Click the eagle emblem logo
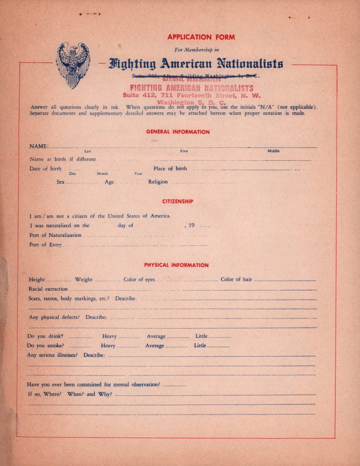73,65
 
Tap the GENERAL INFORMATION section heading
178,132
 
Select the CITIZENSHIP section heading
178,201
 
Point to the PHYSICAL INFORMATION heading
177,265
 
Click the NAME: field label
39,146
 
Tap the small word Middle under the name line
273,151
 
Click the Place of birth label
170,168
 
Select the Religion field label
158,182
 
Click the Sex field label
61,182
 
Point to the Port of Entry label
46,245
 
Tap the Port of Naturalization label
55,235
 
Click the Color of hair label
236,279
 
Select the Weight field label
84,279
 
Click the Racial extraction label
48,289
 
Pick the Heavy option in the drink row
109,336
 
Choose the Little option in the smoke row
200,346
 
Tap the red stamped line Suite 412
192,96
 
